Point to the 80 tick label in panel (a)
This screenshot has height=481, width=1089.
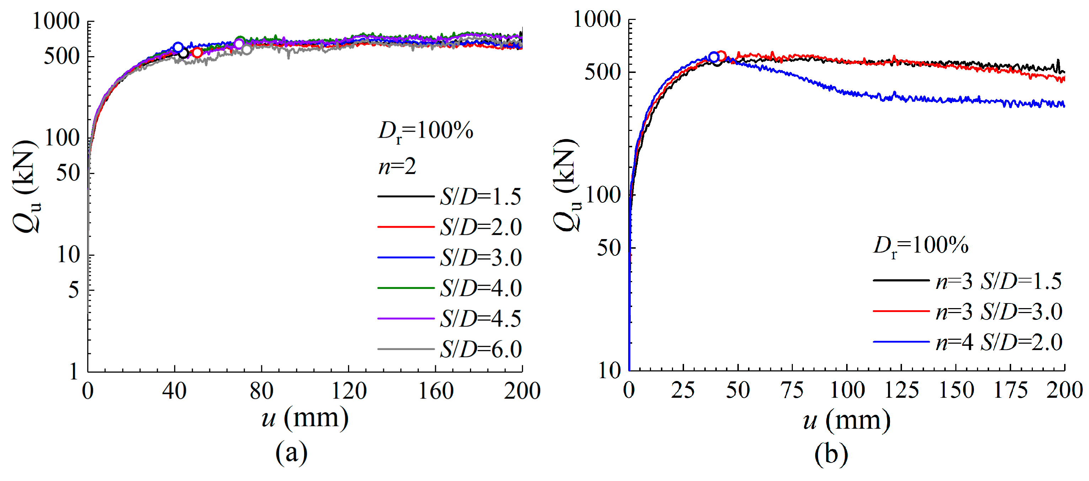[x=261, y=391]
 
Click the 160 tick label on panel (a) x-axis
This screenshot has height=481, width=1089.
[x=436, y=391]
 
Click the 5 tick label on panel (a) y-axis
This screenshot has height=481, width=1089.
[x=74, y=291]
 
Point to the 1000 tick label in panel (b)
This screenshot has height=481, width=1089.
[x=597, y=20]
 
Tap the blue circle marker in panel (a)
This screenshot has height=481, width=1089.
[x=178, y=47]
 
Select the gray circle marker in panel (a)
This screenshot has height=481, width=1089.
[x=246, y=50]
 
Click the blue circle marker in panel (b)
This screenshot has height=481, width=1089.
[x=714, y=57]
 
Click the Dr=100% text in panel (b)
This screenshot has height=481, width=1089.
[x=921, y=246]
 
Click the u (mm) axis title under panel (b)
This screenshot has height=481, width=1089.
[x=847, y=421]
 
